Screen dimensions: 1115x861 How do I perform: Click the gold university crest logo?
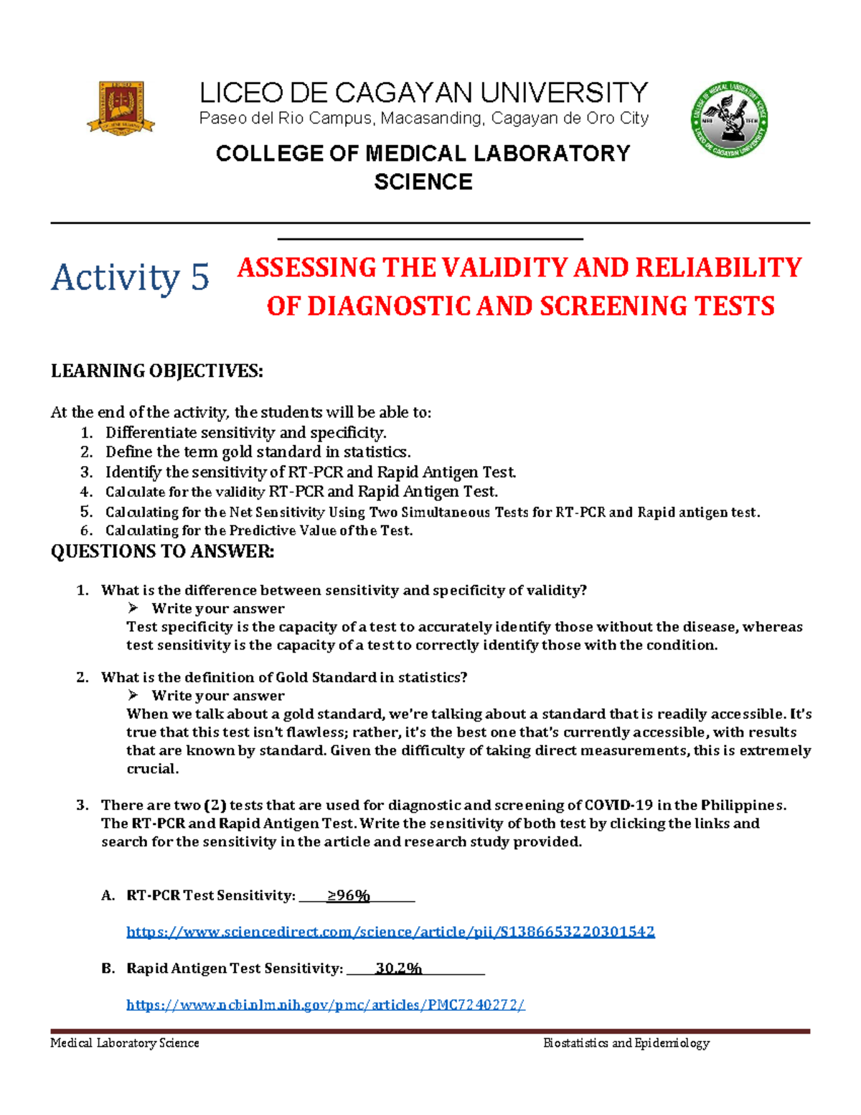tap(121, 108)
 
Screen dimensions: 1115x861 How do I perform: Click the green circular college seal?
tap(730, 120)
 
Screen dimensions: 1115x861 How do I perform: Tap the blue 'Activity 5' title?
tap(130, 277)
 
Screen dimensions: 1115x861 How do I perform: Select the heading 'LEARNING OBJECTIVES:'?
tap(156, 371)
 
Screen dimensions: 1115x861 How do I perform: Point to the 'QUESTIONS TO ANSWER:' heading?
tap(162, 551)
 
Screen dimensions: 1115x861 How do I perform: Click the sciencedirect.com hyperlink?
tap(390, 932)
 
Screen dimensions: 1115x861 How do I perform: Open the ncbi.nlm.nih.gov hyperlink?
tap(326, 1004)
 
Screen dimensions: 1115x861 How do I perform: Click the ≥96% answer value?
tap(348, 895)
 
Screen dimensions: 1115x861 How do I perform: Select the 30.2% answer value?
tap(398, 969)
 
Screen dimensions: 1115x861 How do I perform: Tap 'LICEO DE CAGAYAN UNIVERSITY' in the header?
tap(423, 93)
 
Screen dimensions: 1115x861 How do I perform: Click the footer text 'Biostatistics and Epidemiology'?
tap(626, 1043)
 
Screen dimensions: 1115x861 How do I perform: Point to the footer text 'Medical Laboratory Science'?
tap(125, 1043)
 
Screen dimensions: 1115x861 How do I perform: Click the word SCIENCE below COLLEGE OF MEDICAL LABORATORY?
tap(423, 182)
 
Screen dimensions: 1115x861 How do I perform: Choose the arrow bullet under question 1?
tap(133, 608)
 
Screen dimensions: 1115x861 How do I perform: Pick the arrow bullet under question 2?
tap(133, 695)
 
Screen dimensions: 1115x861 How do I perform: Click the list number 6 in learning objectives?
tap(86, 531)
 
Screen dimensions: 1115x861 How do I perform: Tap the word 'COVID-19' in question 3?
tap(618, 805)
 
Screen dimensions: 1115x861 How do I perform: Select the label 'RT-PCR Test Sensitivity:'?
tap(211, 895)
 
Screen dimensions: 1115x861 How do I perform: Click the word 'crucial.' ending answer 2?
tap(152, 769)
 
